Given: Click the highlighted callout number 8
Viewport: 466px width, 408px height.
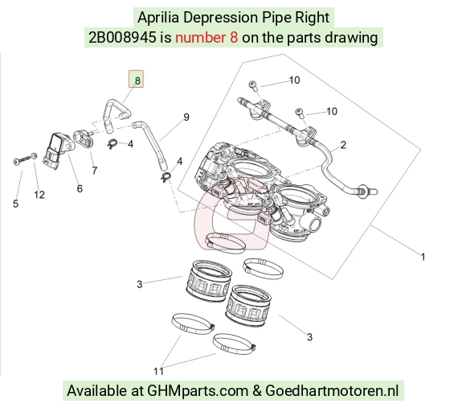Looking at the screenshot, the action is (137, 80).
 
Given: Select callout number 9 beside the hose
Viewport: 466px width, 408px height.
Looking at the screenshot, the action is (186, 117).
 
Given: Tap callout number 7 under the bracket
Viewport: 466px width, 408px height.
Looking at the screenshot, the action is (95, 171).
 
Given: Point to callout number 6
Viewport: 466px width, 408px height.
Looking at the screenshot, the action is (80, 188).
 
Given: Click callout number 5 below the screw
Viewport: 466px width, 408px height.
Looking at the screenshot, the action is (15, 204).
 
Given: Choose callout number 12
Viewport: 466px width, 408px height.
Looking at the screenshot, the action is (39, 195).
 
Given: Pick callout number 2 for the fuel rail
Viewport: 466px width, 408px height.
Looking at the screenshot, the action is (343, 145).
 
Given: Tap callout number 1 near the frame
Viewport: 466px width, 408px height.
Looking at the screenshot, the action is (423, 257).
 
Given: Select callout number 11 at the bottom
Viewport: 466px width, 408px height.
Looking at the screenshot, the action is (158, 371).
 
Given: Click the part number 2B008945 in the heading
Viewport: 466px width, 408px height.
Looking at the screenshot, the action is (122, 38).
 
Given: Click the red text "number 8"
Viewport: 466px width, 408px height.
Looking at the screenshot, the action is (206, 38).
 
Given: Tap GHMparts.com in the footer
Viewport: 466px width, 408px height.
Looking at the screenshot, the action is (198, 391).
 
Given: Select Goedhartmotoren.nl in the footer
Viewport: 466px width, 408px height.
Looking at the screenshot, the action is (332, 390).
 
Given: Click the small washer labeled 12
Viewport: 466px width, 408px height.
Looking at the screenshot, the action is (35, 155).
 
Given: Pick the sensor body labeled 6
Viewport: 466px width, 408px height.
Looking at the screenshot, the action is (58, 150).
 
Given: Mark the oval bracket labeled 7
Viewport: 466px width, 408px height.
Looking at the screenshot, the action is (84, 138).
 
